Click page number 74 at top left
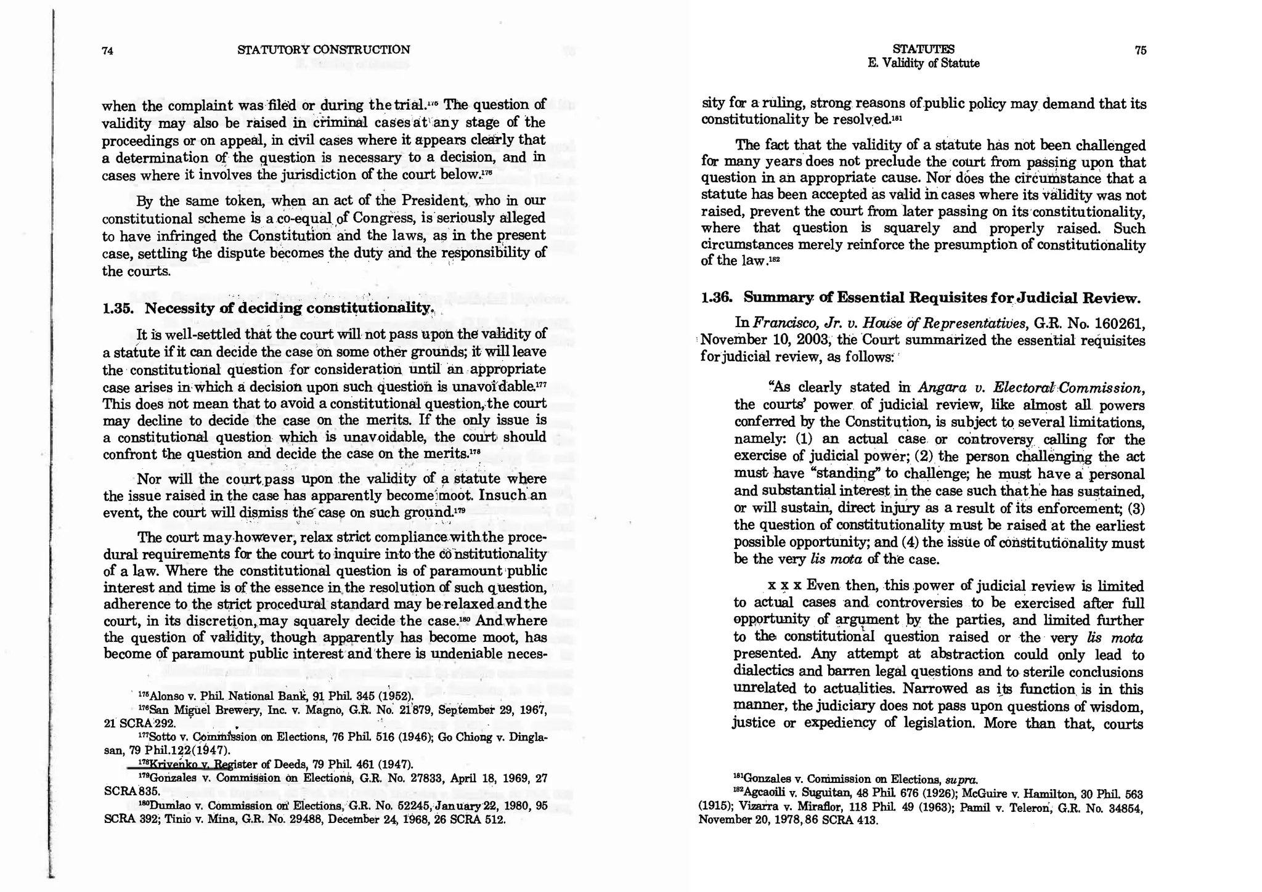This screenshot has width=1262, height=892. pyautogui.click(x=107, y=51)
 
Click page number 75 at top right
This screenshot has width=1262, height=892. pyautogui.click(x=1140, y=51)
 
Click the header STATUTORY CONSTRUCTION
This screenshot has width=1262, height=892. pyautogui.click(x=324, y=50)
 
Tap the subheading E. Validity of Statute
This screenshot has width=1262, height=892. pyautogui.click(x=923, y=63)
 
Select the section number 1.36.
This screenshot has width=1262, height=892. pyautogui.click(x=717, y=298)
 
